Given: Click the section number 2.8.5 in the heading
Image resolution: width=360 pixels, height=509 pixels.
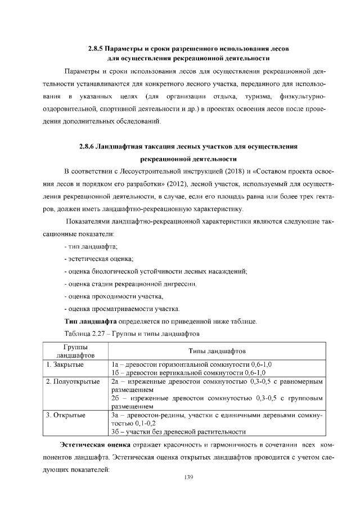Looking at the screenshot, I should click(96, 48).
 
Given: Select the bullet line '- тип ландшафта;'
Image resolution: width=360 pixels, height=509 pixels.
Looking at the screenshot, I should click(91, 247).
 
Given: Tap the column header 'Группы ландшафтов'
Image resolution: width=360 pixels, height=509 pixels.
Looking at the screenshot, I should click(71, 351).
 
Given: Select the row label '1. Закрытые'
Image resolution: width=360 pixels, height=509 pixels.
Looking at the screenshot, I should click(65, 364).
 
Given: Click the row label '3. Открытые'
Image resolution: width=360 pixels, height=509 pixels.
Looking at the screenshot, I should click(66, 415).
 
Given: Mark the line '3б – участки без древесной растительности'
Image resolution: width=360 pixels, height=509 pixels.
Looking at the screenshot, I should click(178, 431).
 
